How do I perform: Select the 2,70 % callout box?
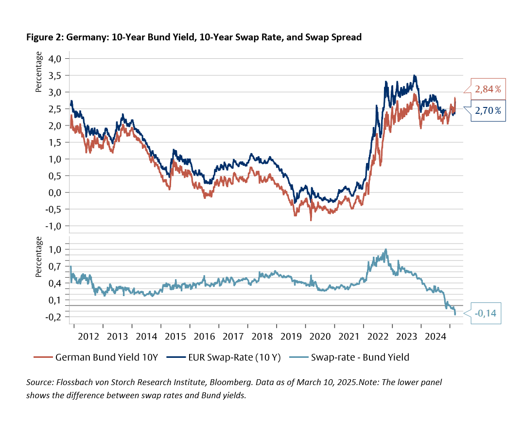click(488, 111)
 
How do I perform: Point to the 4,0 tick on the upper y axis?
click(57, 58)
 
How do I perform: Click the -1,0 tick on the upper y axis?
click(56, 226)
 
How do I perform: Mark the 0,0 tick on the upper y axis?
click(57, 193)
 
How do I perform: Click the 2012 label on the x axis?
click(88, 336)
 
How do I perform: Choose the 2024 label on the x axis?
click(435, 336)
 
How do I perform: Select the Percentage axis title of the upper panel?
click(39, 73)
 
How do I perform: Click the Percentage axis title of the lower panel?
click(39, 257)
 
